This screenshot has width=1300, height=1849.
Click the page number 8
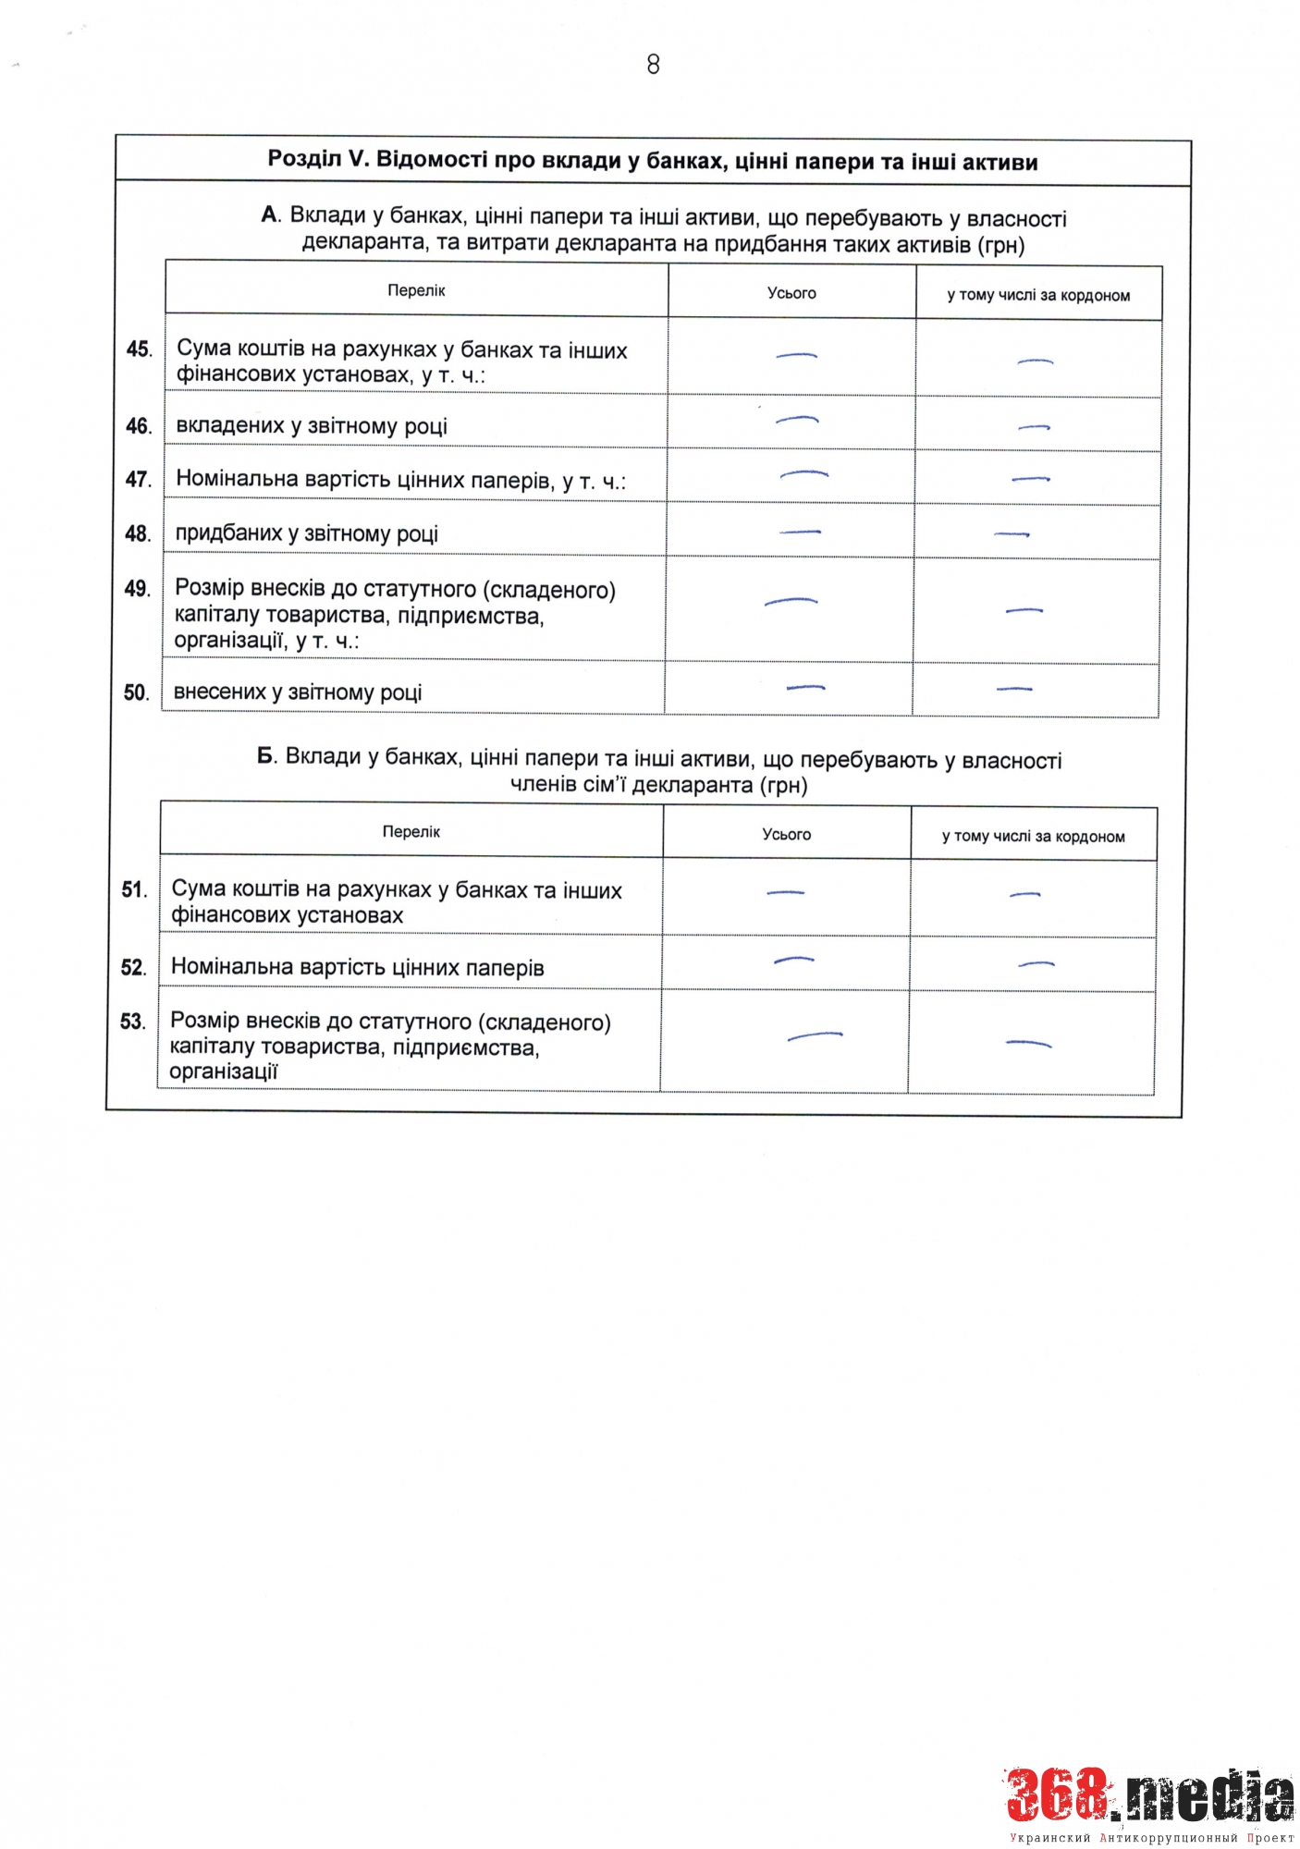click(x=653, y=65)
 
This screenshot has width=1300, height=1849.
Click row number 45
click(x=139, y=349)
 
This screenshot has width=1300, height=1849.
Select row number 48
click(x=138, y=533)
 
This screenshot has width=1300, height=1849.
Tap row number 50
click(x=136, y=692)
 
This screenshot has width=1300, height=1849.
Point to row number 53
click(x=133, y=1022)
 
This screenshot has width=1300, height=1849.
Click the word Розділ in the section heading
click(x=304, y=159)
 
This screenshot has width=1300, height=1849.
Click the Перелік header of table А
click(x=416, y=290)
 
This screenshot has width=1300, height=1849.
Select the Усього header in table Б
click(x=786, y=834)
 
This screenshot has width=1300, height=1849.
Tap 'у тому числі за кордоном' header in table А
click(x=1038, y=296)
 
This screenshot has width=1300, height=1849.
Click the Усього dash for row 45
click(x=796, y=356)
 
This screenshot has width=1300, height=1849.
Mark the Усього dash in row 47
click(x=803, y=474)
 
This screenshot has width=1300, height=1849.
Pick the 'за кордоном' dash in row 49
click(x=1024, y=610)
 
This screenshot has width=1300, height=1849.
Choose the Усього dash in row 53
click(x=815, y=1036)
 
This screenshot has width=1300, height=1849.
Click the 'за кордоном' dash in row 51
click(x=1024, y=895)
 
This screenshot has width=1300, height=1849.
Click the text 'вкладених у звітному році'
click(x=312, y=426)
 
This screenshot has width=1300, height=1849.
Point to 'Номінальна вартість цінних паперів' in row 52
click(x=357, y=968)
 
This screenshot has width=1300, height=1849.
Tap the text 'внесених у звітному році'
click(x=298, y=692)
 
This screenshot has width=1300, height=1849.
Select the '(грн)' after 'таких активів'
click(x=1000, y=245)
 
